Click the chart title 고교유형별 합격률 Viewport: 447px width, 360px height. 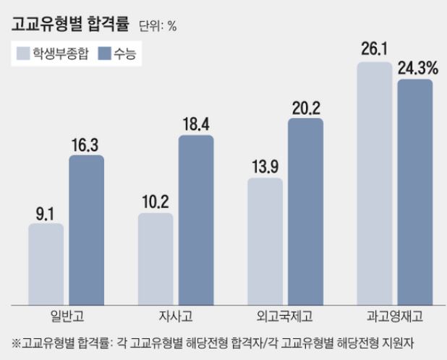69,25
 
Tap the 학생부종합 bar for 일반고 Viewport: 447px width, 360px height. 46,263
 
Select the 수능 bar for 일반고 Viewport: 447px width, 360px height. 86,229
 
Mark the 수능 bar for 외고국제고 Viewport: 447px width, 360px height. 305,210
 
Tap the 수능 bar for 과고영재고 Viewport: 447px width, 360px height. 414,191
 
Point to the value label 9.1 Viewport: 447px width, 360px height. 46,214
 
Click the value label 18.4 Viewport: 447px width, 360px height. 196,124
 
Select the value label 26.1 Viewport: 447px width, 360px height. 375,51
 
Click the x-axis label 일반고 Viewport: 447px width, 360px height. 67,316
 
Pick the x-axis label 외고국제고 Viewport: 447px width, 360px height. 285,316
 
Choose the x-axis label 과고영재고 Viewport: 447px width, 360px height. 394,316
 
